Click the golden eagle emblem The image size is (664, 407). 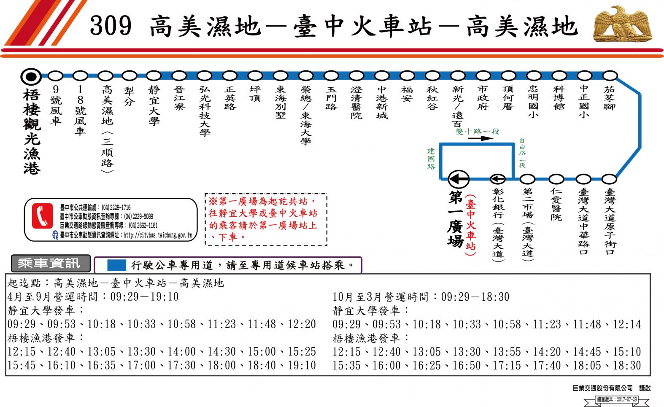[622, 24]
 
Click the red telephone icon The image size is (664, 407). [43, 216]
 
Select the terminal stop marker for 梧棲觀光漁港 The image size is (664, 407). [31, 77]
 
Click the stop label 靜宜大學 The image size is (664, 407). [154, 106]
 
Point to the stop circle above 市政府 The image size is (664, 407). [483, 76]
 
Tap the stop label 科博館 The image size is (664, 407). [559, 98]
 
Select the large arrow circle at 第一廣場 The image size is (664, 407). [459, 179]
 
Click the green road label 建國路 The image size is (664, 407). [431, 159]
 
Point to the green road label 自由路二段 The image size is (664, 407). [522, 153]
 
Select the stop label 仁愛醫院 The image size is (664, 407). [556, 205]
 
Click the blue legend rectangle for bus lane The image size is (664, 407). [116, 265]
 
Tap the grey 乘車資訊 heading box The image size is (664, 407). [51, 264]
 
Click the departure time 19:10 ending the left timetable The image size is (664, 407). [302, 365]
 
